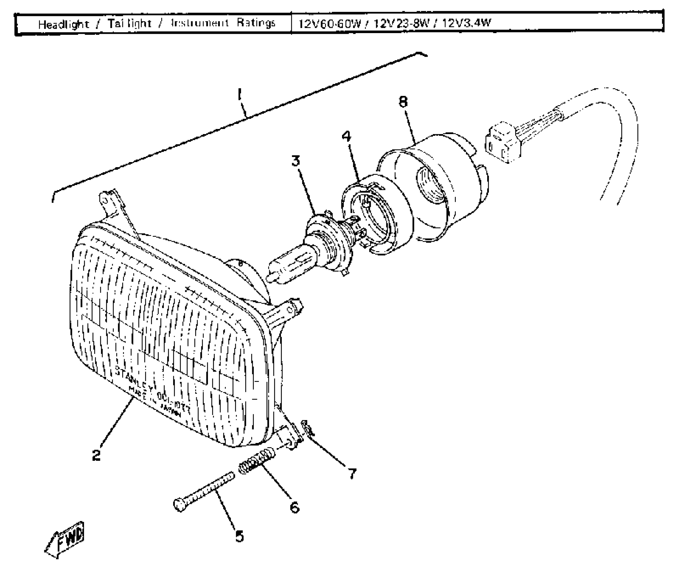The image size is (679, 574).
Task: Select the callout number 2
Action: (97, 455)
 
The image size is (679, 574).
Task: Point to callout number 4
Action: (346, 136)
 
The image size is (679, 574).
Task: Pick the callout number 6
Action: (295, 507)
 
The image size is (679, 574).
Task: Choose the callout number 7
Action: (352, 474)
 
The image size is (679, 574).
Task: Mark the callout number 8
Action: (403, 102)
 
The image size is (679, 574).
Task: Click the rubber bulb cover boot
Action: (436, 186)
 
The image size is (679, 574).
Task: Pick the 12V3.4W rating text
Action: (466, 23)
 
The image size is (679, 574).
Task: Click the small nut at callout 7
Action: (307, 428)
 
